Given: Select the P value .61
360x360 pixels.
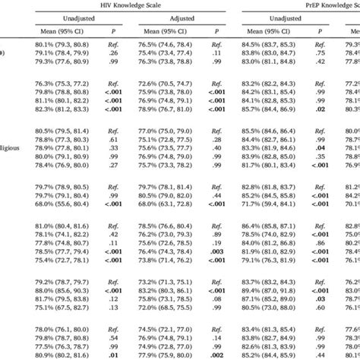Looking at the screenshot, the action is pyautogui.click(x=112, y=140).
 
